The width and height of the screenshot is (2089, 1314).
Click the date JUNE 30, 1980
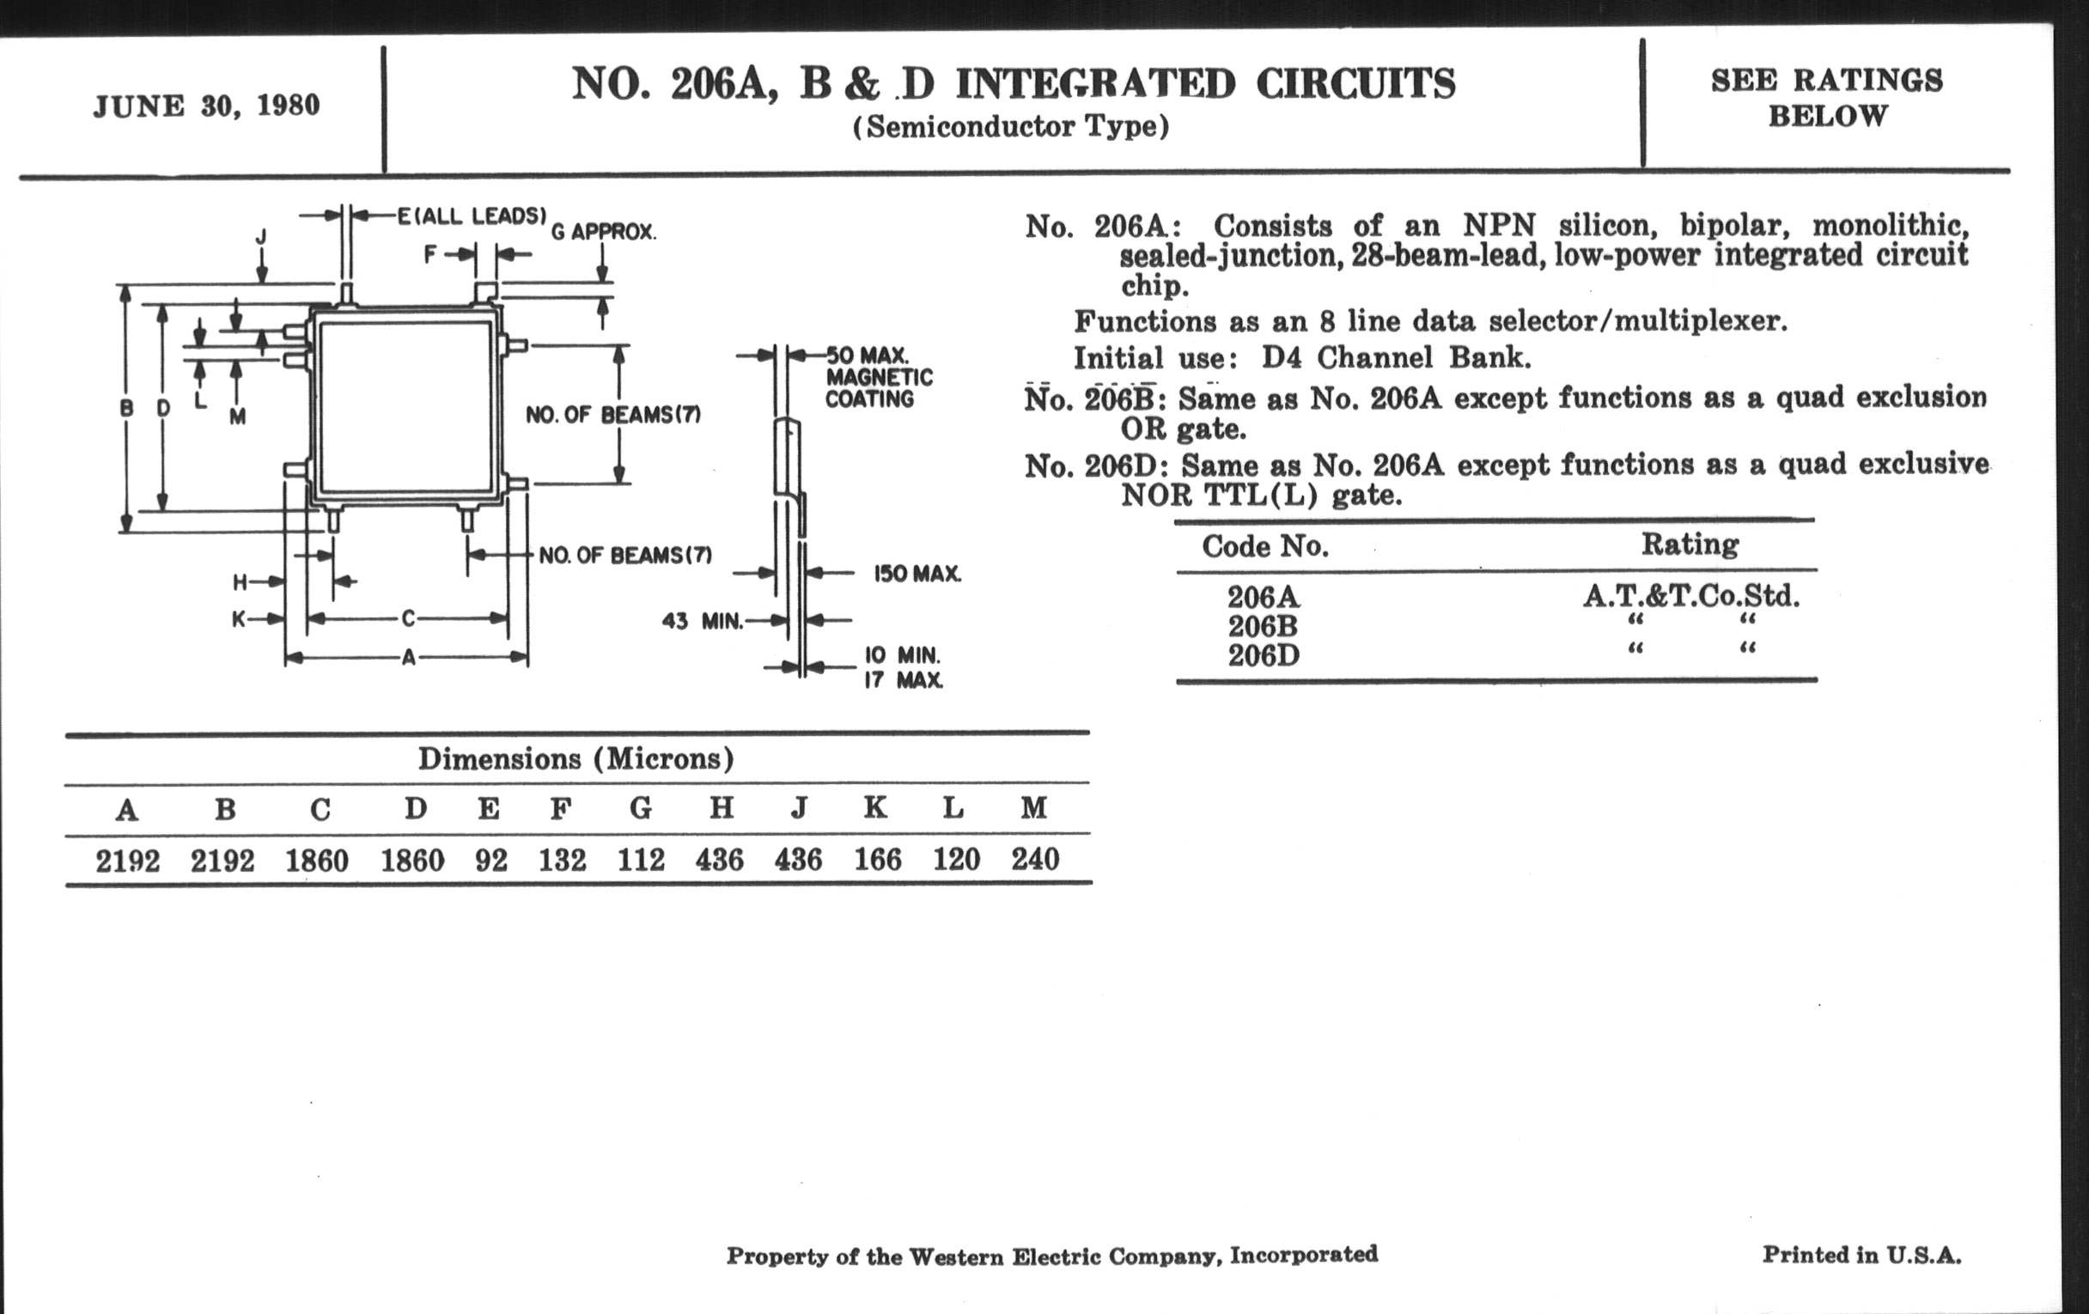pyautogui.click(x=206, y=106)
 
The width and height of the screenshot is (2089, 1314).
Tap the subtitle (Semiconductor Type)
pyautogui.click(x=1011, y=127)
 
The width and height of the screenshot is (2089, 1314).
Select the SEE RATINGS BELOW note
pyautogui.click(x=1826, y=97)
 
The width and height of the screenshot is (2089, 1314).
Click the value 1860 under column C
pyautogui.click(x=317, y=861)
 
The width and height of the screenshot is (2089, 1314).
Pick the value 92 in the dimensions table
pyautogui.click(x=490, y=861)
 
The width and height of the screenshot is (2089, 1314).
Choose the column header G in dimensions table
pyautogui.click(x=640, y=808)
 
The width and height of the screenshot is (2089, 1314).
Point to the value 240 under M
pyautogui.click(x=1035, y=860)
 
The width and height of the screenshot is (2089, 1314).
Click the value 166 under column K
pyautogui.click(x=877, y=860)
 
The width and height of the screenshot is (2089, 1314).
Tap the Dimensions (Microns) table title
pyautogui.click(x=576, y=759)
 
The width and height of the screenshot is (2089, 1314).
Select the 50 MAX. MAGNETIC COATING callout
pyautogui.click(x=878, y=377)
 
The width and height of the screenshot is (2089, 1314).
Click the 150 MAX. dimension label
pyautogui.click(x=917, y=575)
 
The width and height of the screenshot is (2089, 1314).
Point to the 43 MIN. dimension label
pyautogui.click(x=702, y=621)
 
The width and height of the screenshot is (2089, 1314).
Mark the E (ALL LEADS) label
pyautogui.click(x=472, y=216)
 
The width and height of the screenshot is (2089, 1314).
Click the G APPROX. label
pyautogui.click(x=604, y=233)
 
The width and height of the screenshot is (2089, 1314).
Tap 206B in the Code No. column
pyautogui.click(x=1264, y=626)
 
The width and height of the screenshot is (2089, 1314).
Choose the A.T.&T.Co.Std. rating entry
pyautogui.click(x=1690, y=596)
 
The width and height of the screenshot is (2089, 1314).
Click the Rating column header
pyautogui.click(x=1690, y=544)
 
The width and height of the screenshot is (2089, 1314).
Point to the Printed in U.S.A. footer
pyautogui.click(x=1861, y=1255)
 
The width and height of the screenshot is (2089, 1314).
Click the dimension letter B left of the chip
pyautogui.click(x=126, y=408)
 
